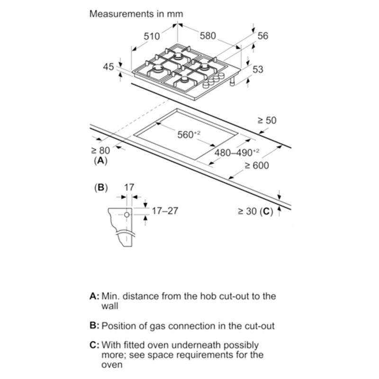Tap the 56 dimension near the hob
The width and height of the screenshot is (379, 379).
(x=263, y=36)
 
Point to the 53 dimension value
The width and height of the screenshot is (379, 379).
(x=257, y=70)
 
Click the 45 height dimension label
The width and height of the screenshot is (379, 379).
(x=108, y=67)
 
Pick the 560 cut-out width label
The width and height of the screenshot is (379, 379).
(x=189, y=135)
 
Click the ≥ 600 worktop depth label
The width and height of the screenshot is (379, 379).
(x=257, y=165)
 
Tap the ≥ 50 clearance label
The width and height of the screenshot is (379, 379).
(x=266, y=121)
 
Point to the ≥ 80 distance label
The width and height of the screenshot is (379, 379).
(x=100, y=151)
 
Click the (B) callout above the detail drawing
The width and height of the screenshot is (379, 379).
(x=101, y=188)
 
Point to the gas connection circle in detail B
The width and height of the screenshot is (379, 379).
(x=127, y=215)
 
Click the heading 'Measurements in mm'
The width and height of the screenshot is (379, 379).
(x=136, y=14)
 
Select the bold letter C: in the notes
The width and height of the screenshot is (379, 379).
(x=95, y=345)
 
